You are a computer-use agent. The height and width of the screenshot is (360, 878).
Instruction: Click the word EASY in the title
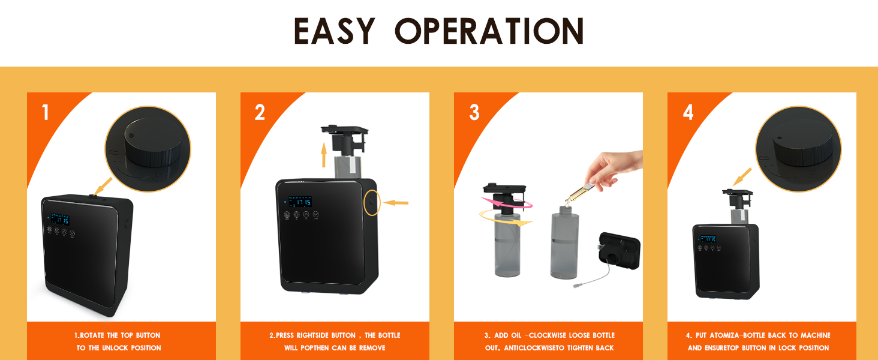tap(334, 32)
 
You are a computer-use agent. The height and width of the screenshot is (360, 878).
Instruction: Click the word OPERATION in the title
tap(489, 32)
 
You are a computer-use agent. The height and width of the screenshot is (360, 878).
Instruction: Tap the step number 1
tap(46, 112)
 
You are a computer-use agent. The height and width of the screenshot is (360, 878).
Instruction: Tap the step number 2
tap(260, 112)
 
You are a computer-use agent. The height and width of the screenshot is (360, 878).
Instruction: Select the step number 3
tap(474, 112)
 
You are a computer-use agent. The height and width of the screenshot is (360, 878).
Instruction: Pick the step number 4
tap(688, 112)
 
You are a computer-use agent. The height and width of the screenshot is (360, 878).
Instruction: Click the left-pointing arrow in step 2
tap(396, 203)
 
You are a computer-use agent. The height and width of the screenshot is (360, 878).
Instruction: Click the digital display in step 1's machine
tap(60, 220)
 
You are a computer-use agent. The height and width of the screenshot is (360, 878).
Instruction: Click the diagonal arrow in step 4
tap(742, 176)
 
